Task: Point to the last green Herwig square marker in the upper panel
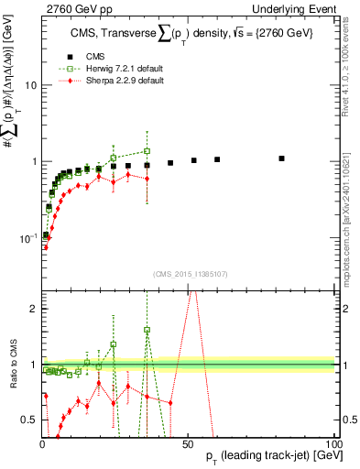coord(147,151)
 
